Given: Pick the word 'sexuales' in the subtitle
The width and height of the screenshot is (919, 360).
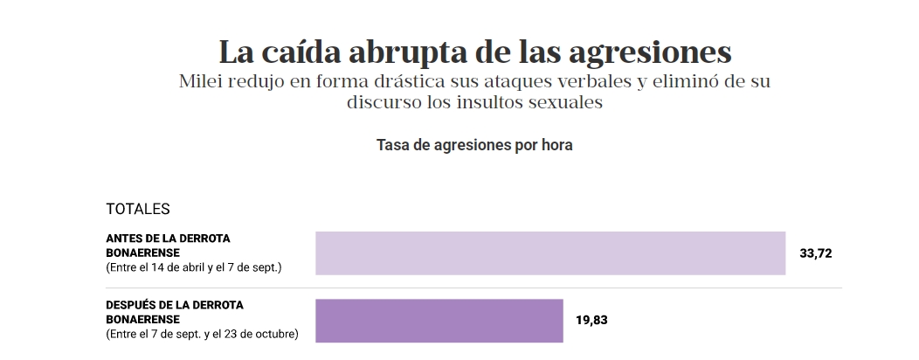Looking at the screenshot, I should (x=568, y=102).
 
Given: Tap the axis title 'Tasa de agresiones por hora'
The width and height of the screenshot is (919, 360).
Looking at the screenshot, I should (x=474, y=145).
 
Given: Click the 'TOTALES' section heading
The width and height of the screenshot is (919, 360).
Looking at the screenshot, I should (x=137, y=210).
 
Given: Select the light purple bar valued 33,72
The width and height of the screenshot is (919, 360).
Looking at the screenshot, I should (x=550, y=253).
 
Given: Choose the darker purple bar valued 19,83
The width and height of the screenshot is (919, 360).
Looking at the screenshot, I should (x=439, y=320).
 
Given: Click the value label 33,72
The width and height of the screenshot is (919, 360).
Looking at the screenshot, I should (x=816, y=254).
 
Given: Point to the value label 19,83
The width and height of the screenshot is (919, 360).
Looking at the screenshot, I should (x=591, y=320).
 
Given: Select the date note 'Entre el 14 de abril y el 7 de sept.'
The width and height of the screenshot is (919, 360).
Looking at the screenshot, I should (x=193, y=267).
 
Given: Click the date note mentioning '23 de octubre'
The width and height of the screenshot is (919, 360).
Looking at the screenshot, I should (x=202, y=334).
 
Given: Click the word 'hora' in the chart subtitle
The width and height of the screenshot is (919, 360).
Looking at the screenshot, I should (x=556, y=145).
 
